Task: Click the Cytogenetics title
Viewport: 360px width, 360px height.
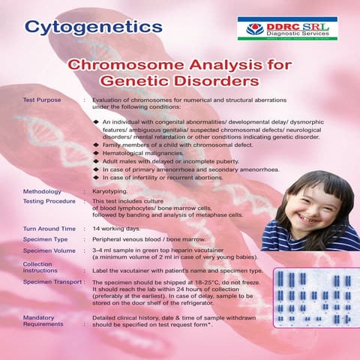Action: click(93, 27)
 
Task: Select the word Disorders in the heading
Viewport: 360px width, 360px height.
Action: click(219, 79)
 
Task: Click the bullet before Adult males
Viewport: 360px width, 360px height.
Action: click(96, 160)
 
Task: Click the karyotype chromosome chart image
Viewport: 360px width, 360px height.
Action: click(315, 298)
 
